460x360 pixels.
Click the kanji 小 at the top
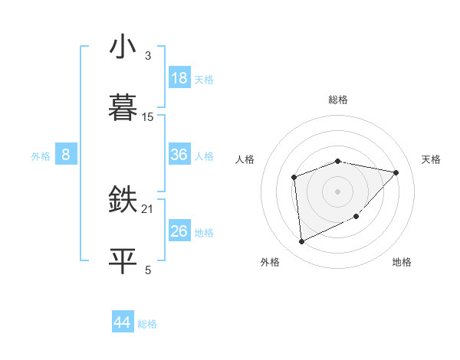[x=123, y=47]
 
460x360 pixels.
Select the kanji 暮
[x=123, y=106]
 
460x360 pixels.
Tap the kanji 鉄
[x=123, y=199]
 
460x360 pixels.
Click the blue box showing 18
[x=179, y=78]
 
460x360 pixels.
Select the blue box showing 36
[x=179, y=155]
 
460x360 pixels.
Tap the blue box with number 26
[x=179, y=231]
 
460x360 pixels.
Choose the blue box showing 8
[x=66, y=155]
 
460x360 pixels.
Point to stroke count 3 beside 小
[x=147, y=56]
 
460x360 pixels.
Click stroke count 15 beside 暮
[x=148, y=116]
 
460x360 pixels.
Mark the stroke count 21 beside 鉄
[x=148, y=208]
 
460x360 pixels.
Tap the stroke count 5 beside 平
[x=147, y=270]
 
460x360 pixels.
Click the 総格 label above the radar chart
[x=338, y=100]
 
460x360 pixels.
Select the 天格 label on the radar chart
[x=431, y=159]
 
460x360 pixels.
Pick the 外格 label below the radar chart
[x=270, y=262]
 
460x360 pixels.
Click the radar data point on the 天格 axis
[x=396, y=172]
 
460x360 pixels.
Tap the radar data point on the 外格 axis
[x=301, y=242]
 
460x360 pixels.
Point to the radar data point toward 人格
[x=294, y=178]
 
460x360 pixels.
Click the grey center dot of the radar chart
[x=338, y=191]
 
